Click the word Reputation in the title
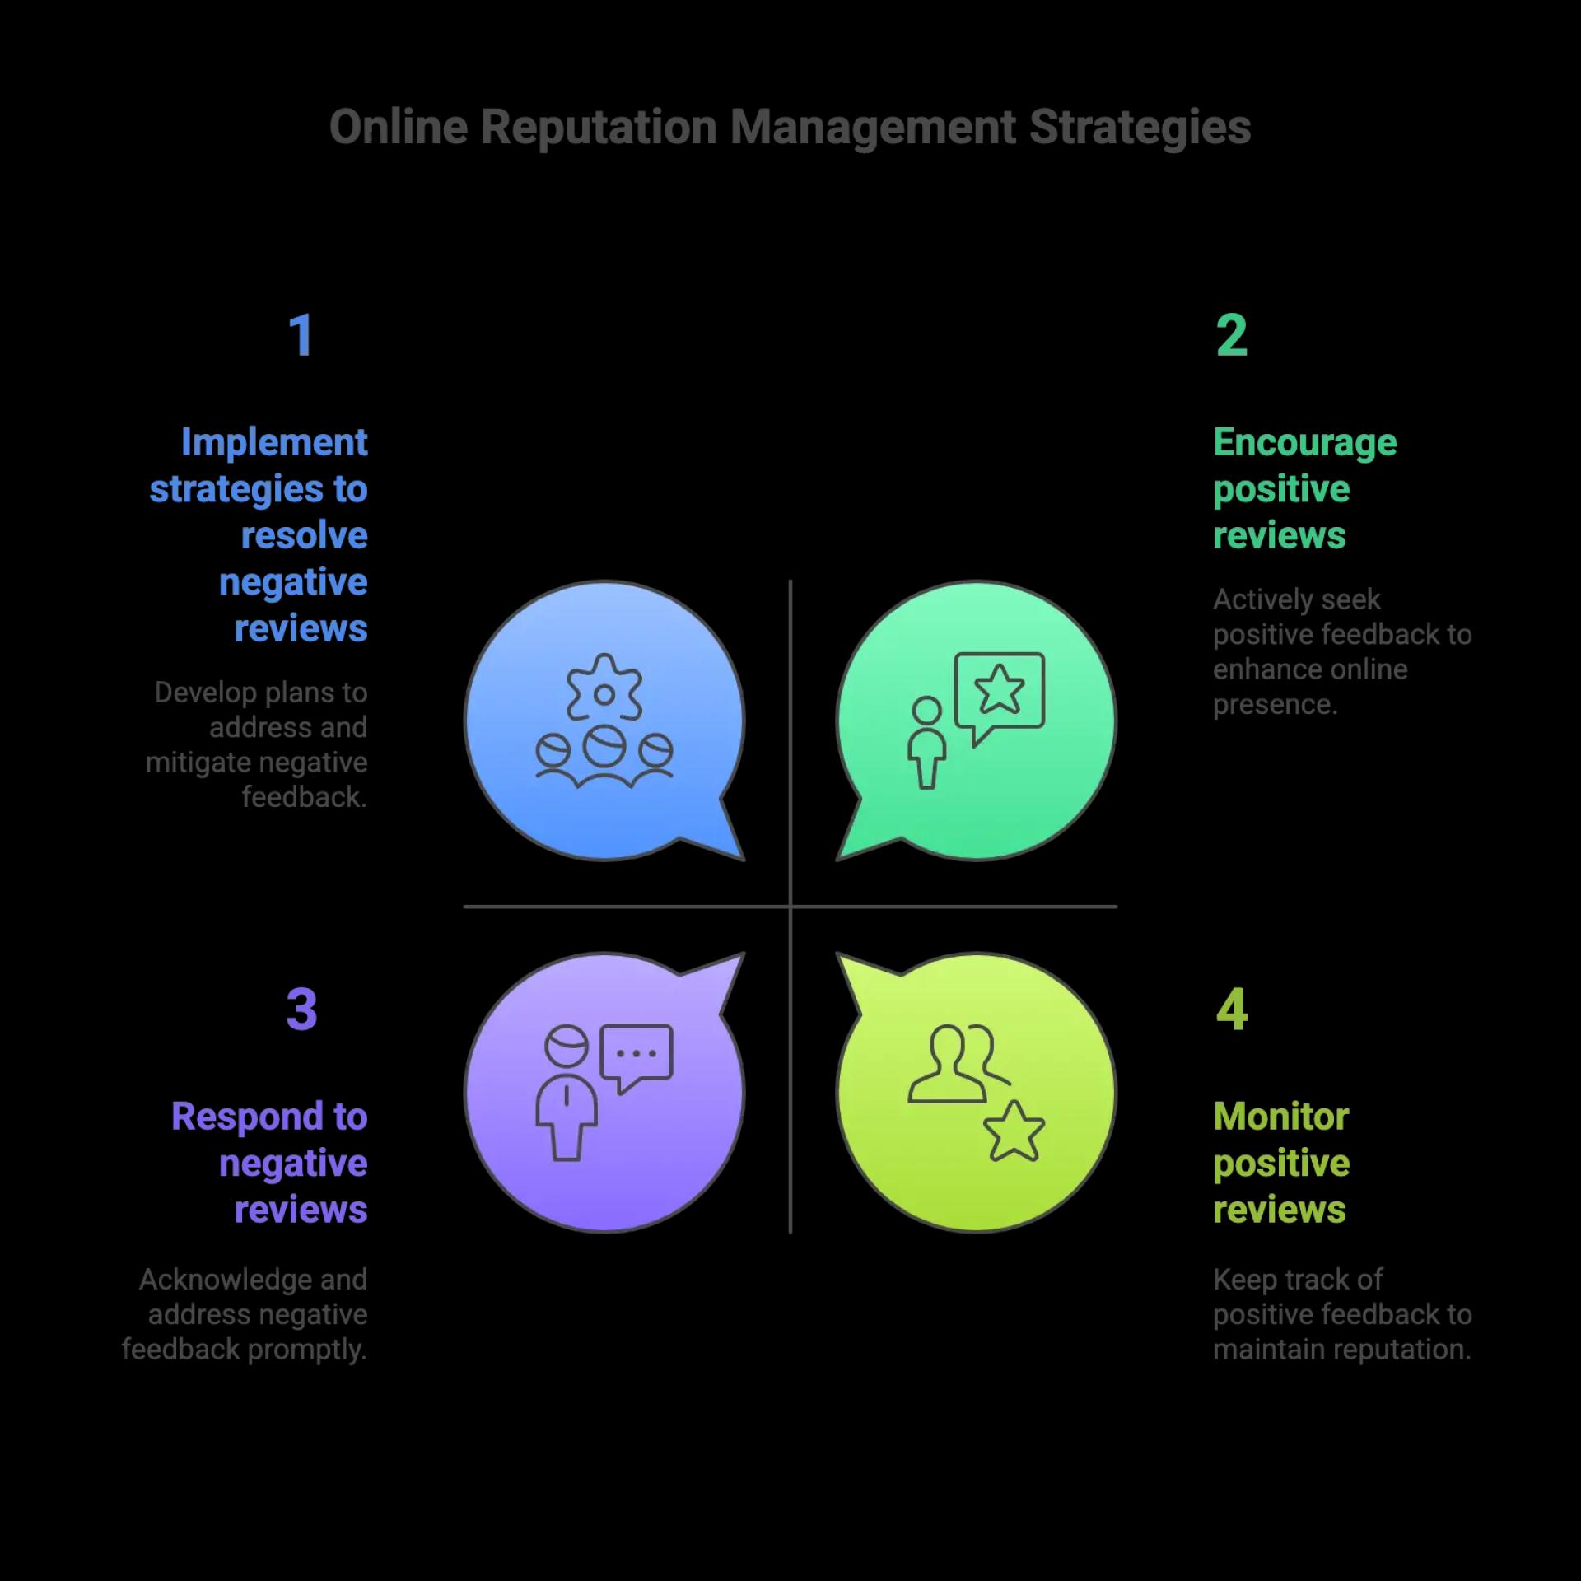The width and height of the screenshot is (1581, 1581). pos(598,128)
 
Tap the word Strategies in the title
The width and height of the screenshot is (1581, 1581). pos(1140,128)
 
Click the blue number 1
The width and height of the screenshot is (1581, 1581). pos(301,335)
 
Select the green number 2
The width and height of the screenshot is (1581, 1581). pos(1231,335)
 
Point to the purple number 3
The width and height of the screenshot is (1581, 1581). pos(301,1009)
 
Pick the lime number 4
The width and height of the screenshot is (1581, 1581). pos(1231,1009)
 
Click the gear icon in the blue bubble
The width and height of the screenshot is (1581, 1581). pos(604,688)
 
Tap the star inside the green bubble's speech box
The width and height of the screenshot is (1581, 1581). pos(999,688)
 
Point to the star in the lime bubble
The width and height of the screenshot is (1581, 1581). pos(1014,1131)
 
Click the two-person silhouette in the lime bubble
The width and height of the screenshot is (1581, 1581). pos(958,1063)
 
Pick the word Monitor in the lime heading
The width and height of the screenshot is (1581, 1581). pos(1280,1117)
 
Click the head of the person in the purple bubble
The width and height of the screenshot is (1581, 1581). pos(567,1047)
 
